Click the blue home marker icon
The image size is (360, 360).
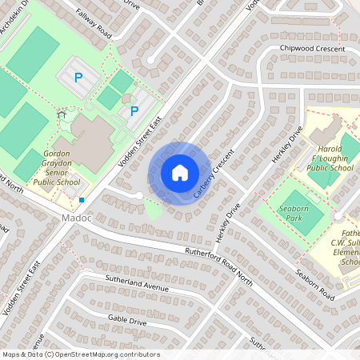tap(180, 172)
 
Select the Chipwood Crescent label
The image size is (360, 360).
tap(312, 49)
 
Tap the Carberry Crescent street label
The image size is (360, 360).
tap(214, 174)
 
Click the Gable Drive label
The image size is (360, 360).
tap(127, 318)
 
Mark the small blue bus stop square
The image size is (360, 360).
tap(82, 200)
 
